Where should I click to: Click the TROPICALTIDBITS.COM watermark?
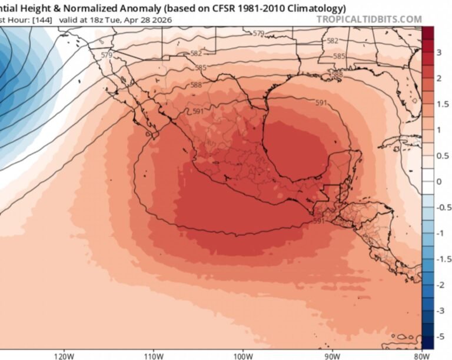(369, 19)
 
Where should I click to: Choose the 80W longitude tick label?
(420, 355)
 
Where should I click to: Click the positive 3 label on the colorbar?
(438, 53)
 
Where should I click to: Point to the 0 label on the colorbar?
(438, 181)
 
